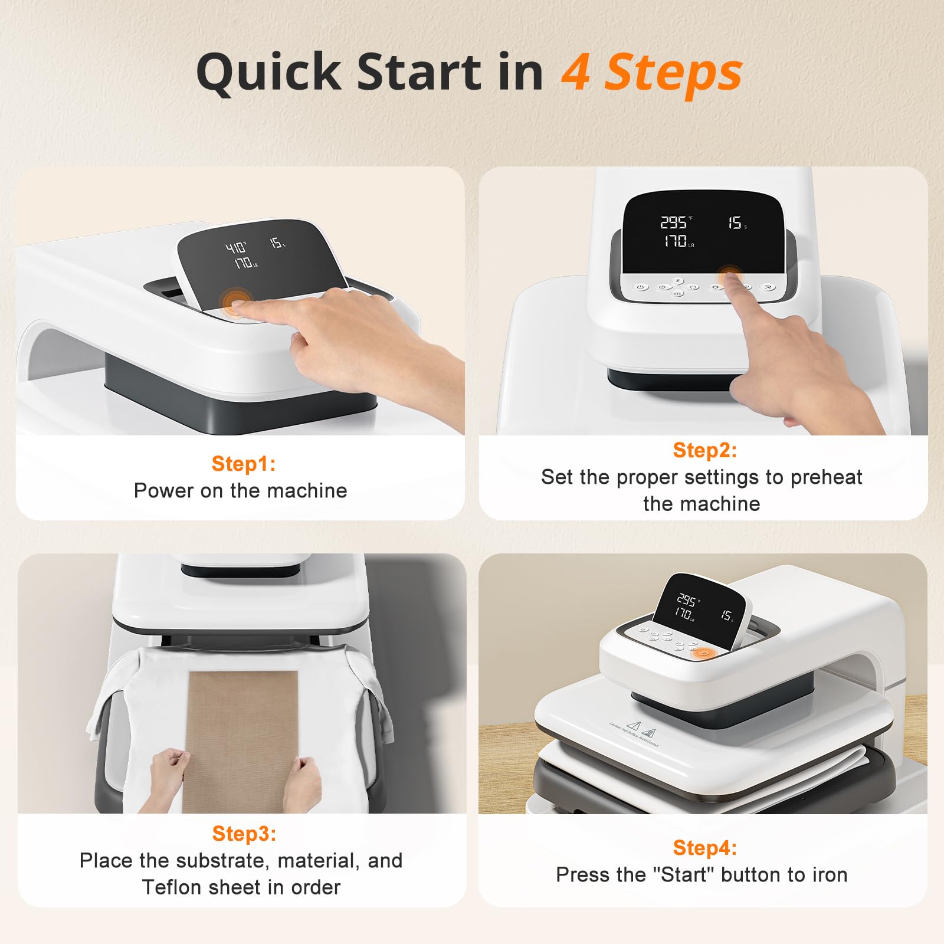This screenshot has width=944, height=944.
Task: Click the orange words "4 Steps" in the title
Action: point(651,72)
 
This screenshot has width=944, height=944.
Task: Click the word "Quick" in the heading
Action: point(268,72)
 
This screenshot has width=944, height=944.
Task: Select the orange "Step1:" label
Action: point(244,464)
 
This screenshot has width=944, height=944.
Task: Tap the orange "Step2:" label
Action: point(704,450)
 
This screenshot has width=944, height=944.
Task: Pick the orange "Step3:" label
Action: point(244,834)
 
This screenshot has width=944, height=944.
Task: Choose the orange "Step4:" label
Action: point(704,848)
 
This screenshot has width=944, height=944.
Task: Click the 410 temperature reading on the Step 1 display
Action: point(235,247)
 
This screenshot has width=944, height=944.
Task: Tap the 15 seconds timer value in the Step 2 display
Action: point(735,222)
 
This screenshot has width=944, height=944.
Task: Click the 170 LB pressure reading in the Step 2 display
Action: point(677,241)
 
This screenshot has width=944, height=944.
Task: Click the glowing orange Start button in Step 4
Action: point(703,653)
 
